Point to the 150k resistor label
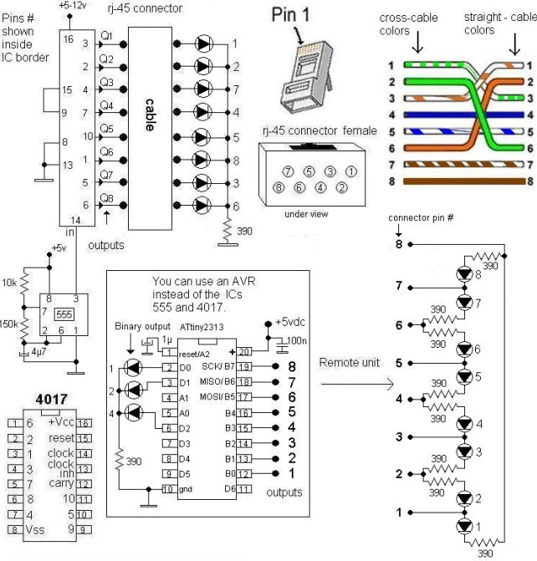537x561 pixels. pos(11,324)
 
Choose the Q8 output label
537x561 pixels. pos(106,197)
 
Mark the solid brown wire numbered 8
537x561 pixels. pos(460,180)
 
